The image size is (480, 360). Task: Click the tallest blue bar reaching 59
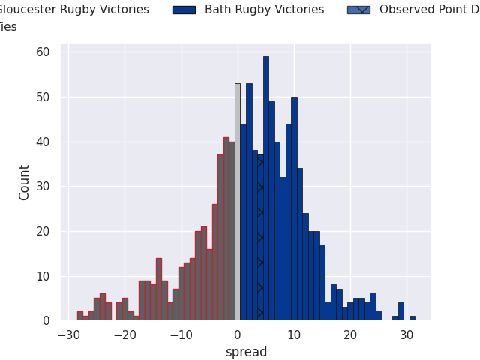(265, 188)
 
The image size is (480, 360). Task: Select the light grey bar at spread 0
(238, 202)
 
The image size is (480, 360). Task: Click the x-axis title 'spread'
(246, 352)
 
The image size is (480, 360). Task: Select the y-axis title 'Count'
(25, 182)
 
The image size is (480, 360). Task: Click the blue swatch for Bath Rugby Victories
(184, 10)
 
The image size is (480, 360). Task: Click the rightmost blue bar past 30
(412, 318)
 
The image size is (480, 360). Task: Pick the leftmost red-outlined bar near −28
(79, 316)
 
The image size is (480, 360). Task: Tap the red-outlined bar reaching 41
(226, 229)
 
